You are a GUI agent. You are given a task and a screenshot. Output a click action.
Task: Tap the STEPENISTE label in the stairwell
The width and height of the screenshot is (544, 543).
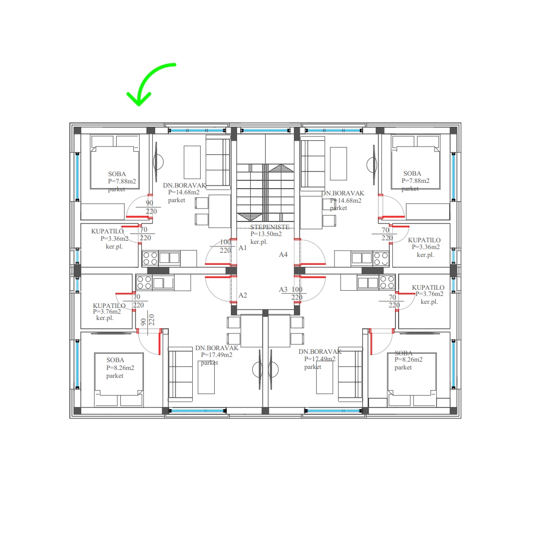tap(269, 227)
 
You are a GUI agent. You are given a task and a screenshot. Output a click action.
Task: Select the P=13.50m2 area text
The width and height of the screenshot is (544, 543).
tap(266, 234)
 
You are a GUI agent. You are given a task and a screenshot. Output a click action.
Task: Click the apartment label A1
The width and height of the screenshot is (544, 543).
tap(242, 248)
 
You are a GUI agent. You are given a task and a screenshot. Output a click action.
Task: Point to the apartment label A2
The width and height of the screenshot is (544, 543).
tap(242, 295)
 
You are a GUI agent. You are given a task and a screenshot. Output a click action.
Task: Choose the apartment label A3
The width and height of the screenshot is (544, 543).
tap(283, 289)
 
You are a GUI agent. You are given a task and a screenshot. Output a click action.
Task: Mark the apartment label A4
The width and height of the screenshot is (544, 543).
tap(283, 255)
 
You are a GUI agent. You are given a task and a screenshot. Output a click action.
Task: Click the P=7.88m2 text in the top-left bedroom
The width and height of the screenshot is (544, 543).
tap(122, 181)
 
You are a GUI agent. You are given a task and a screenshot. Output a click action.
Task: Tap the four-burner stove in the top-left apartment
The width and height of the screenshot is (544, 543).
tap(150, 258)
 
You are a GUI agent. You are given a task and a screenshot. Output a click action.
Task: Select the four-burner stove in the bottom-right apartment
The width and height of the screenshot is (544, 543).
tap(387, 282)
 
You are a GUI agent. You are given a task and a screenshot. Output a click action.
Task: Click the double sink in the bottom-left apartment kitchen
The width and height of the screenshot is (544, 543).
tap(163, 283)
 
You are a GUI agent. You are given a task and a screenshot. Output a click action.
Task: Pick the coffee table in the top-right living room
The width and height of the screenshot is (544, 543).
tap(338, 164)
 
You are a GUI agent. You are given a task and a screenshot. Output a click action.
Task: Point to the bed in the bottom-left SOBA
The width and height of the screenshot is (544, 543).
tap(119, 379)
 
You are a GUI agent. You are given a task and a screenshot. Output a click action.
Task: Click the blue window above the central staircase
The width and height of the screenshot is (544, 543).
tap(265, 131)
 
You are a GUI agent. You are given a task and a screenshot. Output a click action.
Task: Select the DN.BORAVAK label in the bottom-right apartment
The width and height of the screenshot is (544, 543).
tap(320, 352)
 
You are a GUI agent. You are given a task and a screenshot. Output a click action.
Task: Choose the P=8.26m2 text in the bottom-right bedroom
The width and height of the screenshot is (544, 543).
tap(409, 360)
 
